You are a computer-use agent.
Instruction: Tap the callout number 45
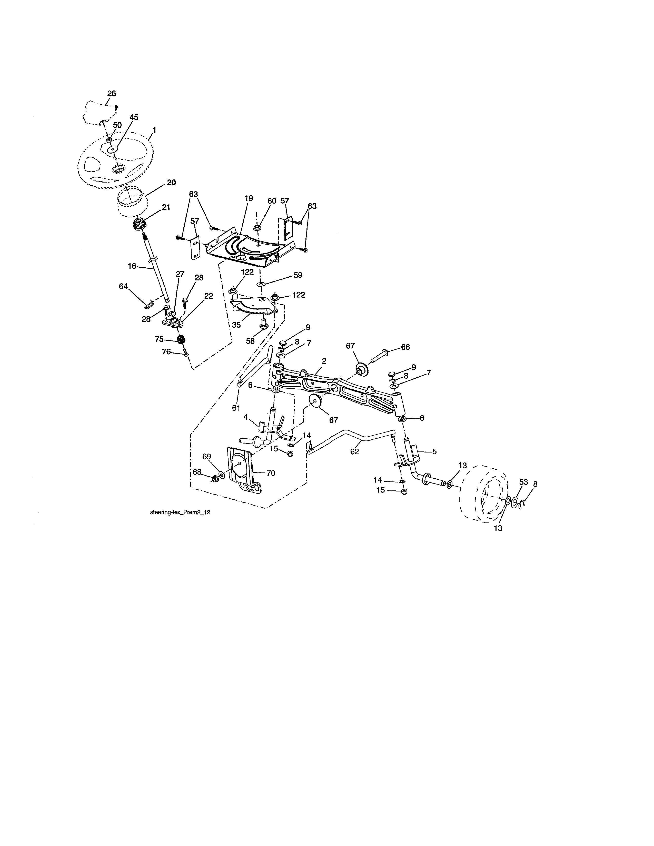tap(134, 117)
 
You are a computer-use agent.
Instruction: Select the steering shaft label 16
tap(132, 266)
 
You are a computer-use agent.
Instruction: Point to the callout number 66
tap(405, 347)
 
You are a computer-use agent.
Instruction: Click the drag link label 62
tap(354, 451)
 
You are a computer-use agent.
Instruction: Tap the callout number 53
tap(523, 482)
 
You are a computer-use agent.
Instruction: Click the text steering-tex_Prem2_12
tap(180, 512)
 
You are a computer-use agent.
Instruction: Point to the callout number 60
tap(272, 201)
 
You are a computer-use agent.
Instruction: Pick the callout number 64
tap(123, 286)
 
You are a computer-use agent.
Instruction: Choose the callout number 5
tap(434, 451)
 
